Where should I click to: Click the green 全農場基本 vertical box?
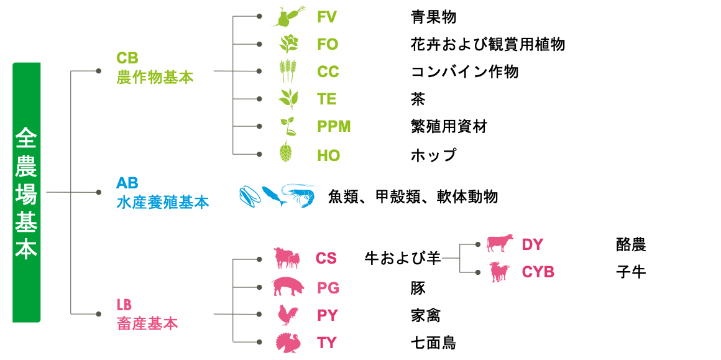click(x=26, y=193)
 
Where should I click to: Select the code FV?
click(x=327, y=17)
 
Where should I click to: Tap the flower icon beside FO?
click(x=288, y=44)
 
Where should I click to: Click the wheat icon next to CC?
click(x=288, y=72)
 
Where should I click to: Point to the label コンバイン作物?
click(x=464, y=72)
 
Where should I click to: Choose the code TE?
click(x=327, y=99)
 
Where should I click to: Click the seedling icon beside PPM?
click(x=288, y=126)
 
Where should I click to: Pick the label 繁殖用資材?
click(x=449, y=126)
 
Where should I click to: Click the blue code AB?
click(x=127, y=183)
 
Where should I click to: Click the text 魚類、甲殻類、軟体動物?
click(x=413, y=197)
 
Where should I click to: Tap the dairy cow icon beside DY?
click(x=500, y=244)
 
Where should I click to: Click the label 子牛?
click(x=631, y=272)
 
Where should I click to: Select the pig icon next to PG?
click(x=288, y=287)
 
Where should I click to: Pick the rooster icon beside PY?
click(x=288, y=315)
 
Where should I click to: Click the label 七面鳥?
click(x=433, y=343)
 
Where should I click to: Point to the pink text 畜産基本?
click(x=147, y=324)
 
